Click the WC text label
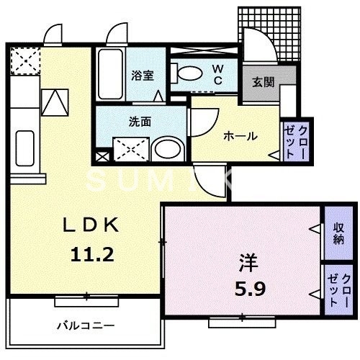(x=217, y=75)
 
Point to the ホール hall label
(x=240, y=135)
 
